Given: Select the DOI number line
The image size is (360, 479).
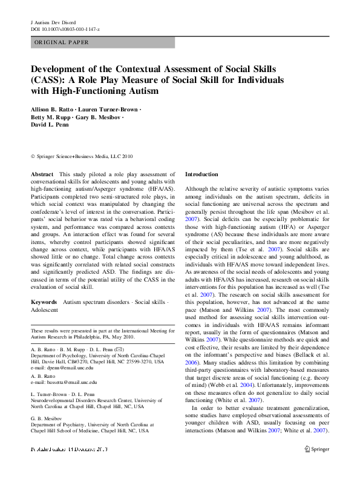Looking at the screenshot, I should (x=65, y=29).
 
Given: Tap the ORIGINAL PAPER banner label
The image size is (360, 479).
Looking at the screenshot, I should (x=62, y=42).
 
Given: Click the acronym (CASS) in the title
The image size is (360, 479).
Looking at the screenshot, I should (x=47, y=80).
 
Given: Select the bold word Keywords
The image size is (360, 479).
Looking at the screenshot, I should (x=44, y=302).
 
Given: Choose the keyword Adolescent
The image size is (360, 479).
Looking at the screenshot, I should (x=45, y=309).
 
